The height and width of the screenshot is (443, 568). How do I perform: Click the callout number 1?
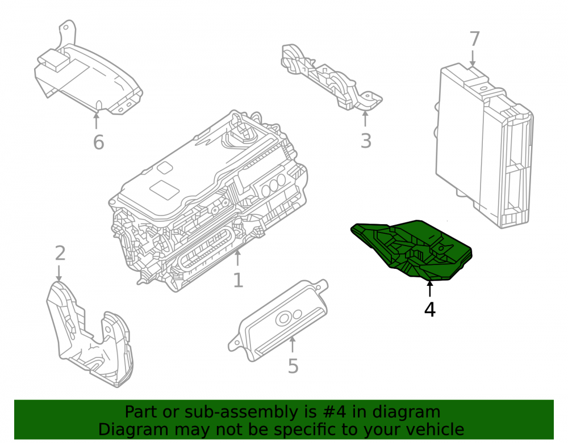coord(238,280)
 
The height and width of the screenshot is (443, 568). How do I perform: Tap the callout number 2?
coord(60,253)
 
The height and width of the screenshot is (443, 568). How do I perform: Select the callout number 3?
coord(366,141)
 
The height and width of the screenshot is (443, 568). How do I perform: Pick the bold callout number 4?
coord(429,310)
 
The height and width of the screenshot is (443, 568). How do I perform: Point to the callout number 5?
coord(293,366)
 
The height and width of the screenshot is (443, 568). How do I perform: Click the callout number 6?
coord(98,142)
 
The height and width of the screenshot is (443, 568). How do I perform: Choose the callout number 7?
coord(474,39)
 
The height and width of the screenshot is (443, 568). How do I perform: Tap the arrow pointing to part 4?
coord(429,289)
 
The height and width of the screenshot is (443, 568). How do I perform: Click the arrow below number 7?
coord(473,58)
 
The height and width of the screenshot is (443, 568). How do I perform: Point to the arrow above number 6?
coord(96,121)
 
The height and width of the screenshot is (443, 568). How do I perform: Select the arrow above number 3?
coord(365,119)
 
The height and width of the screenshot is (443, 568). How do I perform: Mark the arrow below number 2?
coord(59,273)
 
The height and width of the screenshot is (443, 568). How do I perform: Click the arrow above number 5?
coord(292,344)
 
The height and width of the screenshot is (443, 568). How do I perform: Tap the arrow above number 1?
coord(237,258)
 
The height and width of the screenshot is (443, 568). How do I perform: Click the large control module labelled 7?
coord(483,146)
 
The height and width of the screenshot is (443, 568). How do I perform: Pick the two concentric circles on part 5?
coord(283,319)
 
